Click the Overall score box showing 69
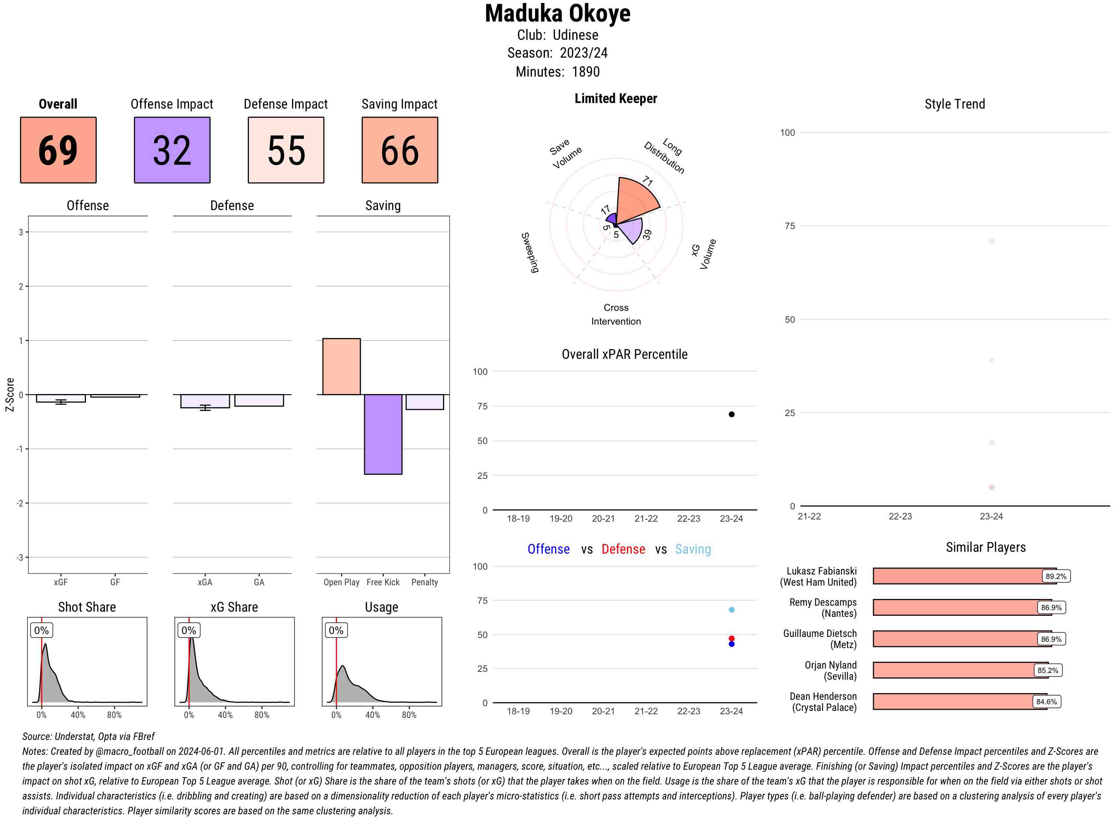pos(58,150)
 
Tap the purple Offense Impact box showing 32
pos(172,150)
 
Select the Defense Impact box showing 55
pos(286,150)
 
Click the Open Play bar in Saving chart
pos(341,366)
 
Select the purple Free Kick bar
pos(383,434)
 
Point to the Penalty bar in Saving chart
pos(424,402)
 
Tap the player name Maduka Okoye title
pos(557,13)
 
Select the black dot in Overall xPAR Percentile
pos(731,415)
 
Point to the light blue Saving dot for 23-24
pos(731,610)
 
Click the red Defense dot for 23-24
pos(731,639)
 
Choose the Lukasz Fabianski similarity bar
pos(963,576)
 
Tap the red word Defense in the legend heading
pos(623,549)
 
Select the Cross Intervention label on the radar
pos(616,315)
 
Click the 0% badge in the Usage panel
pos(336,630)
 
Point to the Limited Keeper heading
pos(615,99)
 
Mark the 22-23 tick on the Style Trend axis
pos(899,516)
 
